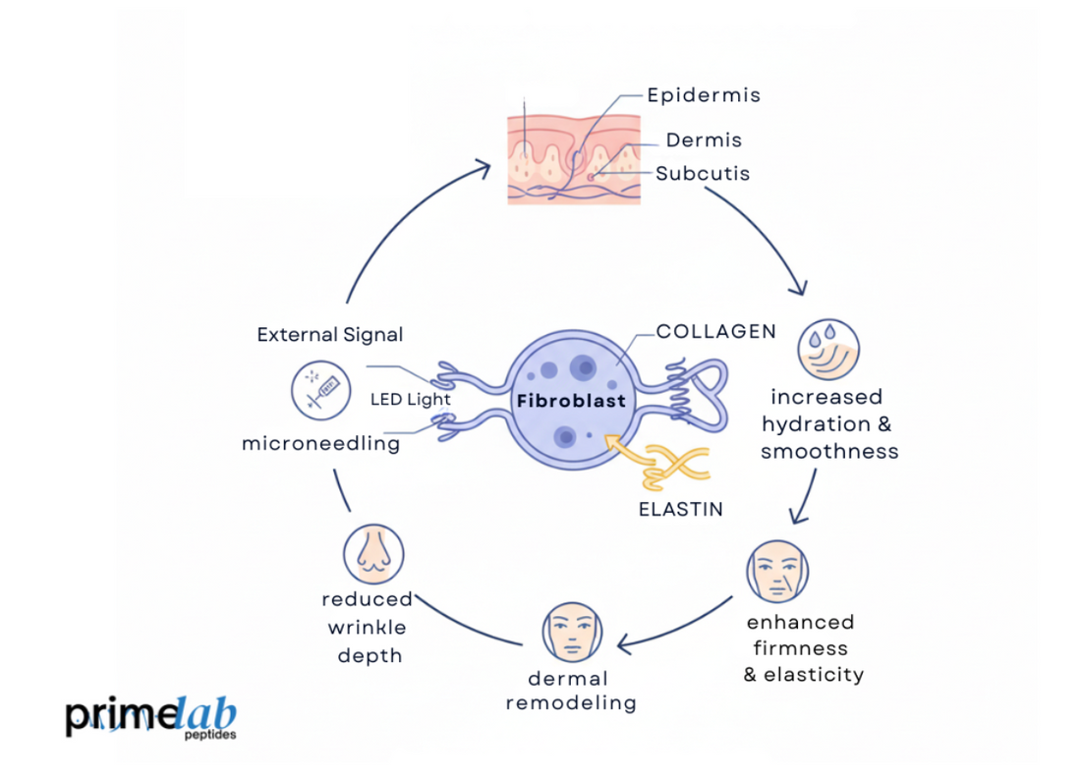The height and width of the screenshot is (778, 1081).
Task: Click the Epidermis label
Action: coord(703,95)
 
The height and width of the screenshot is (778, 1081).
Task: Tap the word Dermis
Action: coord(704,140)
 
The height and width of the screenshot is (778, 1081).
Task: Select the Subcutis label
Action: coord(703,174)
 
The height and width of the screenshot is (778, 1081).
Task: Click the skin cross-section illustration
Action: coord(573,158)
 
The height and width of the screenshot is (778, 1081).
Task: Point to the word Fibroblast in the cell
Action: coord(571,401)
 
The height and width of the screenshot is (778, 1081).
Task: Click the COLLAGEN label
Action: coord(716,332)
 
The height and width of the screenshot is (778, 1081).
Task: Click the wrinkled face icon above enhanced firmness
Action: coord(776,571)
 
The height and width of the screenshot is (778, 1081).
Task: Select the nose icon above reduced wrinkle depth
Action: coord(374,552)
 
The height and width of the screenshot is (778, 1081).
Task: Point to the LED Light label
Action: coord(410,399)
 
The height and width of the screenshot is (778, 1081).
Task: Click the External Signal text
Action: coord(330,335)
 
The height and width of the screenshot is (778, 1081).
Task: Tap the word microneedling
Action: coord(320,444)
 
